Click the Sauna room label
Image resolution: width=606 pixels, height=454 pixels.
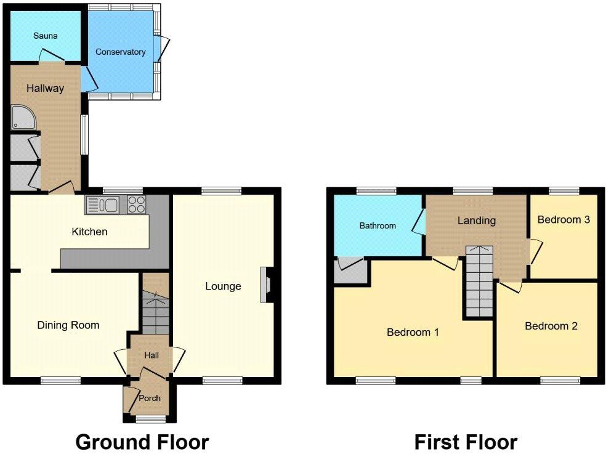pyautogui.click(x=45, y=36)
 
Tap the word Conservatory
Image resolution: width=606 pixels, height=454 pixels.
pyautogui.click(x=121, y=52)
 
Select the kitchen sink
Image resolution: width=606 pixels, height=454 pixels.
pyautogui.click(x=104, y=205)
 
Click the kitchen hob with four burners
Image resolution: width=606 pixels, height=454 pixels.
pyautogui.click(x=136, y=205)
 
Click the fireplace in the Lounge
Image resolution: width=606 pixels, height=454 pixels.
pyautogui.click(x=266, y=285)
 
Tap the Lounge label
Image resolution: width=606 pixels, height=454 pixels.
pyautogui.click(x=223, y=286)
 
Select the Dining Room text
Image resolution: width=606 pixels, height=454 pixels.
pyautogui.click(x=68, y=325)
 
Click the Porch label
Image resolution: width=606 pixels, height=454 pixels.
pyautogui.click(x=149, y=398)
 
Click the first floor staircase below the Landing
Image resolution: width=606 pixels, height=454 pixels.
pyautogui.click(x=479, y=280)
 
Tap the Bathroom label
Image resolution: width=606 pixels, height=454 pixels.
pyautogui.click(x=378, y=225)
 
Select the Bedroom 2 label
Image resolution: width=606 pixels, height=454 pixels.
pyautogui.click(x=551, y=326)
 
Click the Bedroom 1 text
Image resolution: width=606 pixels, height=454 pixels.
pyautogui.click(x=413, y=332)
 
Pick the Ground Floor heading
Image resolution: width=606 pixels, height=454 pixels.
pyautogui.click(x=142, y=441)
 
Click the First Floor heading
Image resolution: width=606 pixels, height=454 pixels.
pyautogui.click(x=465, y=441)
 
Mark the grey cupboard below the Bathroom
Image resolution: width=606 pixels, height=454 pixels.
pyautogui.click(x=350, y=270)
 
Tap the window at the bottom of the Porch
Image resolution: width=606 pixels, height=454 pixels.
pyautogui.click(x=150, y=420)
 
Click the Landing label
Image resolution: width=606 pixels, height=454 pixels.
pyautogui.click(x=476, y=220)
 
